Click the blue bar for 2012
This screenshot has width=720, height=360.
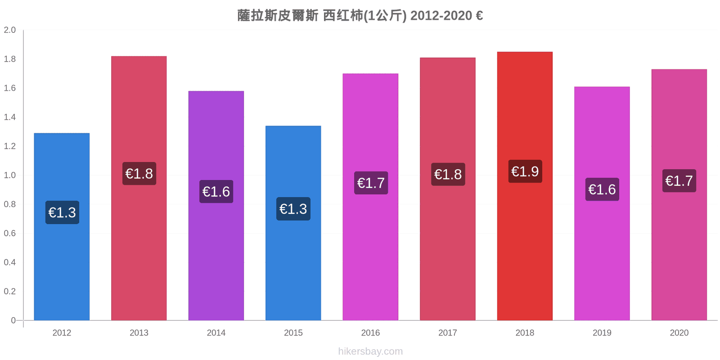(62, 227)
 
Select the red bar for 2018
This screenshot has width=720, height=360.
(525, 186)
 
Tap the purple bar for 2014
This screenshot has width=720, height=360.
(216, 206)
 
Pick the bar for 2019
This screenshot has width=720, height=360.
(602, 203)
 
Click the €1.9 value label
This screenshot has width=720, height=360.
(525, 171)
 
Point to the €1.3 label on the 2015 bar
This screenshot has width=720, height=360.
(293, 209)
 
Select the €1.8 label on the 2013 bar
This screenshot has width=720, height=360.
(139, 174)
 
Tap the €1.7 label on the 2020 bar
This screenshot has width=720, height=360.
(679, 181)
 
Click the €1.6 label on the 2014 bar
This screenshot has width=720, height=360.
(216, 192)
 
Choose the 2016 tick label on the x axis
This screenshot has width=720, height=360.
(370, 333)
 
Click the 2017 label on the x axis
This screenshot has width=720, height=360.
(447, 333)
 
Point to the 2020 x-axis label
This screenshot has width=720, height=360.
(679, 333)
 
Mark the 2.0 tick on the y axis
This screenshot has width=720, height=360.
(9, 30)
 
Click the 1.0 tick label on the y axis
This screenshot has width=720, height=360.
(9, 175)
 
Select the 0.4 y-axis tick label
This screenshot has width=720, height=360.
(9, 262)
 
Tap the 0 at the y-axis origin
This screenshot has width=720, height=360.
(13, 320)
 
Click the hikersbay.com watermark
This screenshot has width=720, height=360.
(370, 351)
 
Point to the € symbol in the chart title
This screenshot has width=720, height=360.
(479, 15)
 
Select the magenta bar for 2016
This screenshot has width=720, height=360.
(370, 197)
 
